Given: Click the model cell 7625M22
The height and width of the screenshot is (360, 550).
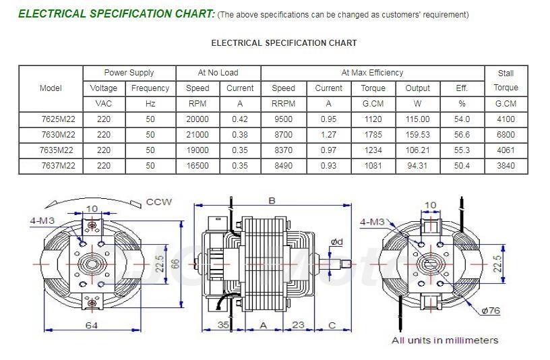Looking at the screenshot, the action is (x=58, y=119).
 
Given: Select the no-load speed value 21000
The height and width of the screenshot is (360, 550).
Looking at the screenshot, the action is (x=197, y=135).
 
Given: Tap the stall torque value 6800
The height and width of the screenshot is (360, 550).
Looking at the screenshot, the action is (x=506, y=135).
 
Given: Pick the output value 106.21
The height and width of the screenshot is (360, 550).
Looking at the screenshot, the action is (x=417, y=150).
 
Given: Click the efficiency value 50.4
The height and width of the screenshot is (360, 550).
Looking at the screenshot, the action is (x=462, y=166).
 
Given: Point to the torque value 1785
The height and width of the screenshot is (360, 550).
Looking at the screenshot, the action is (x=373, y=135).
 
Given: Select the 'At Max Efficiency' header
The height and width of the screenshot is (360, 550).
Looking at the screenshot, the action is (x=372, y=73).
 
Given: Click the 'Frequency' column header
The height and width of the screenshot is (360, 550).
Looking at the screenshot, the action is (x=150, y=88).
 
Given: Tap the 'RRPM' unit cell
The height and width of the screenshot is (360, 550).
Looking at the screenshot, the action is (x=283, y=104).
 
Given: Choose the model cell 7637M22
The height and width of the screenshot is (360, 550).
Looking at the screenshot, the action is (x=58, y=166).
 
